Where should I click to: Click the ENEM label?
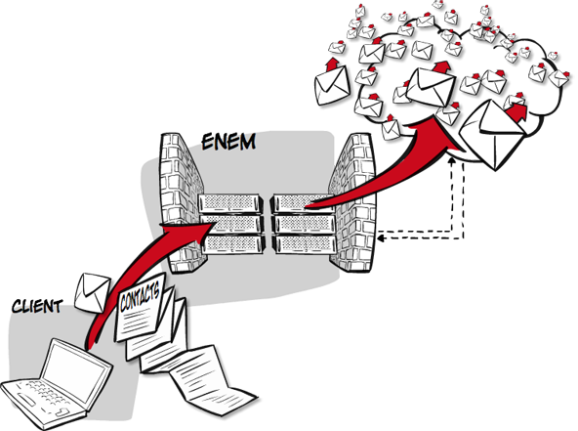228,142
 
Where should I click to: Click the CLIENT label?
37,306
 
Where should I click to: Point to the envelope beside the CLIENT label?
92,292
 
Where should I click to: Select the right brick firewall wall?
353,203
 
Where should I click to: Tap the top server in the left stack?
231,203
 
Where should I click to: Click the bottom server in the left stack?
233,244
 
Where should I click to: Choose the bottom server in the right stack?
304,243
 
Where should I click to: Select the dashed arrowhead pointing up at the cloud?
451,160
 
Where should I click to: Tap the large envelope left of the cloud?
332,84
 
